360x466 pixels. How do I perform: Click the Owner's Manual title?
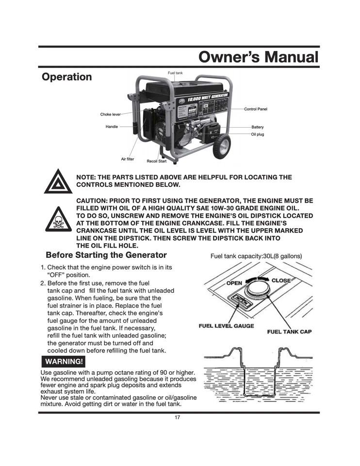click(259, 58)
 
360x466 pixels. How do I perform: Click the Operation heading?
click(66, 77)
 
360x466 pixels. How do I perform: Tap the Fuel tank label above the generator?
click(175, 73)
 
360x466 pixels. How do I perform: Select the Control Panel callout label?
click(255, 109)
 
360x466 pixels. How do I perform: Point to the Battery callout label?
click(257, 127)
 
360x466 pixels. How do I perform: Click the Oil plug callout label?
click(257, 134)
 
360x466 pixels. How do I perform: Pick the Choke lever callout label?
click(110, 115)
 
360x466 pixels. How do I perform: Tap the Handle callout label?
click(112, 127)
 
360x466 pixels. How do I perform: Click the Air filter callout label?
click(128, 159)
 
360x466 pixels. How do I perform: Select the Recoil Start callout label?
click(157, 161)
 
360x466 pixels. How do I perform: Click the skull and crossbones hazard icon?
click(58, 221)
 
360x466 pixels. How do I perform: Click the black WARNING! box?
click(64, 362)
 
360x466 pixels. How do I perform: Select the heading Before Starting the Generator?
click(106, 255)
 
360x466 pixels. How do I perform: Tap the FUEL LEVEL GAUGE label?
click(226, 326)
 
